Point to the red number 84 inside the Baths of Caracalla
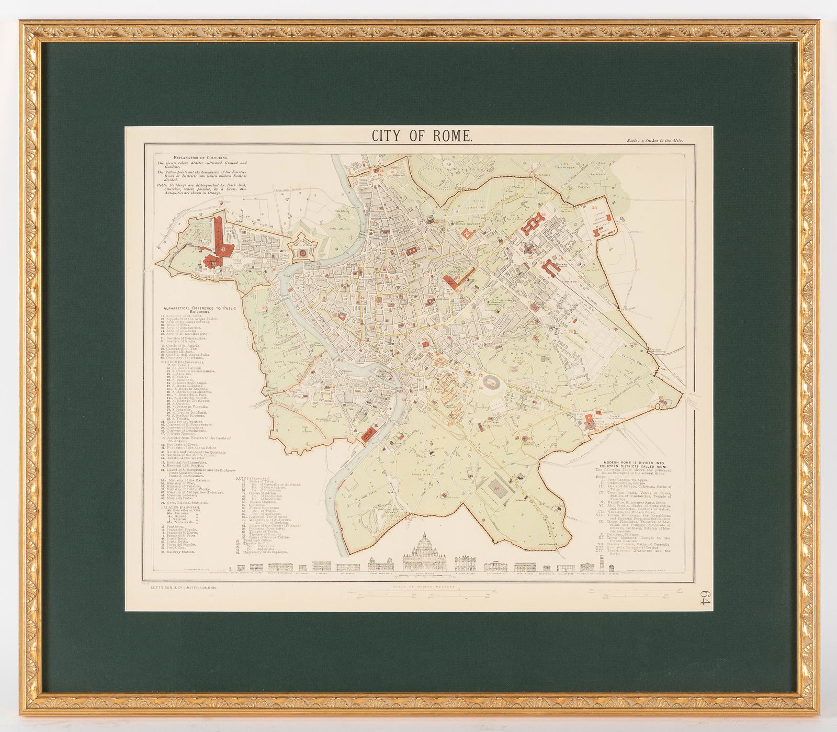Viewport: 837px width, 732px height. [x=497, y=489]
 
